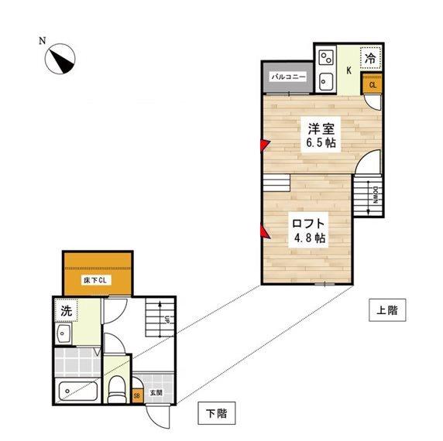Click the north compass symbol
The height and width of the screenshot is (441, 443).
coord(60,59)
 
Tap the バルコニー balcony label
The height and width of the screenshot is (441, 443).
coord(288,77)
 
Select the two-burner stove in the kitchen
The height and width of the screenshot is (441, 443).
coord(326,57)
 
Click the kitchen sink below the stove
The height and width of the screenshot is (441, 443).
coord(326,81)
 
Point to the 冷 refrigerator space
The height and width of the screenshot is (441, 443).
coord(370,59)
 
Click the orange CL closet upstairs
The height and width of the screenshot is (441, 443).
coord(373,84)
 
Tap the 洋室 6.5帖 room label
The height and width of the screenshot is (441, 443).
coord(321,135)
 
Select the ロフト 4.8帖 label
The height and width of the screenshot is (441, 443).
coord(308,231)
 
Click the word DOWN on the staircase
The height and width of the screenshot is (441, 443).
coord(376,195)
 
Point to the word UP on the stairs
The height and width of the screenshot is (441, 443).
coord(167,319)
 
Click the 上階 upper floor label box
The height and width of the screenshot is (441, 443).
coord(387,310)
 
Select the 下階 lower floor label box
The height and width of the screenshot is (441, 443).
coord(216,413)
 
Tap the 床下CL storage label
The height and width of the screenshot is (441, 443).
coord(95,280)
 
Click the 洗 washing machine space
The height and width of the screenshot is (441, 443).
coord(66,310)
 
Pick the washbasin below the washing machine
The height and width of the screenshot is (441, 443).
coord(64,333)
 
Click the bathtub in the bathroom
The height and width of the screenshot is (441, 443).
coord(78,391)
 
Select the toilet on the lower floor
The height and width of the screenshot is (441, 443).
coord(116,389)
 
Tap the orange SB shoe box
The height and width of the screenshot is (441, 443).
coord(137,395)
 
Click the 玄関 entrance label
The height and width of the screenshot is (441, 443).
coord(156,392)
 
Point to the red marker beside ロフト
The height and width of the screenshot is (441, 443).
coord(265,231)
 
